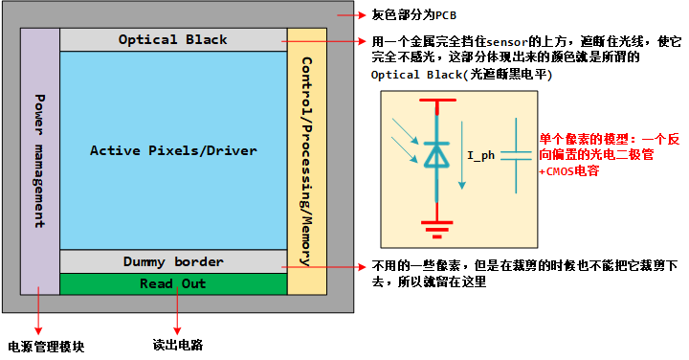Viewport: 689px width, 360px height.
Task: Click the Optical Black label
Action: [173, 39]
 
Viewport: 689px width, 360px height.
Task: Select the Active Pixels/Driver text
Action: [173, 150]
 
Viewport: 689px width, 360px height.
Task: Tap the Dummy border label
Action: [173, 261]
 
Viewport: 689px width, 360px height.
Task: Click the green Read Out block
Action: [173, 283]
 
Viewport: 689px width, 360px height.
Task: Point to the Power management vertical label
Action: [39, 160]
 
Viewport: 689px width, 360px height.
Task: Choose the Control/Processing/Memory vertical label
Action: [306, 160]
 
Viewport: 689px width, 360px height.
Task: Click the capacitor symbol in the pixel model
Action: [516, 153]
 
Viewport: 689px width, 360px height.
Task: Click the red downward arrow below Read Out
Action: [177, 312]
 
